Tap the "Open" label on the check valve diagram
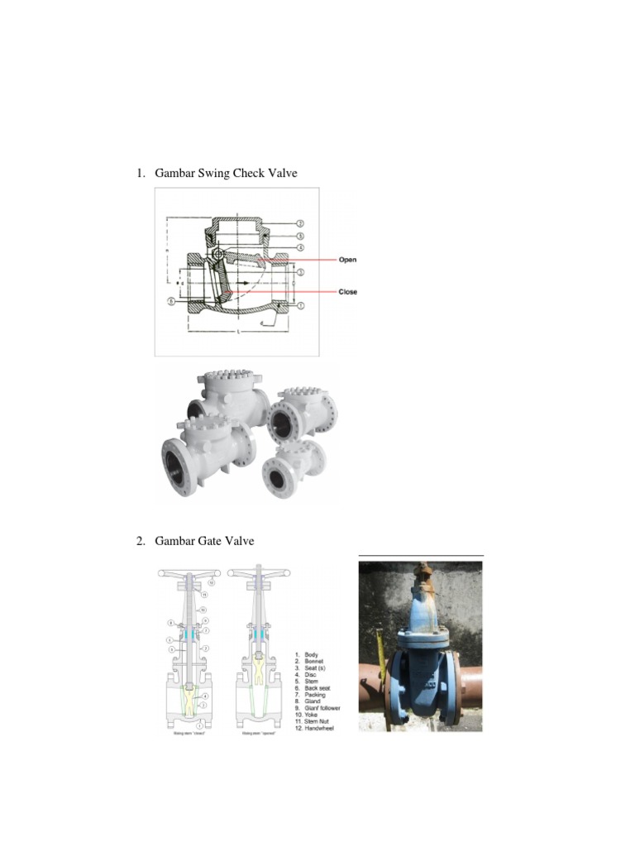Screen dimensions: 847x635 click(347, 260)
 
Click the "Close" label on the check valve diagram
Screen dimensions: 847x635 click(347, 292)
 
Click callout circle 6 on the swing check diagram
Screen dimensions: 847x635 click(172, 303)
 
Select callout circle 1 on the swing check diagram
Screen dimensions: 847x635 click(300, 305)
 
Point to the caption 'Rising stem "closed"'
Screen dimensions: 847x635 click(189, 733)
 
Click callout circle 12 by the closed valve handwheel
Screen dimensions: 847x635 click(210, 582)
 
